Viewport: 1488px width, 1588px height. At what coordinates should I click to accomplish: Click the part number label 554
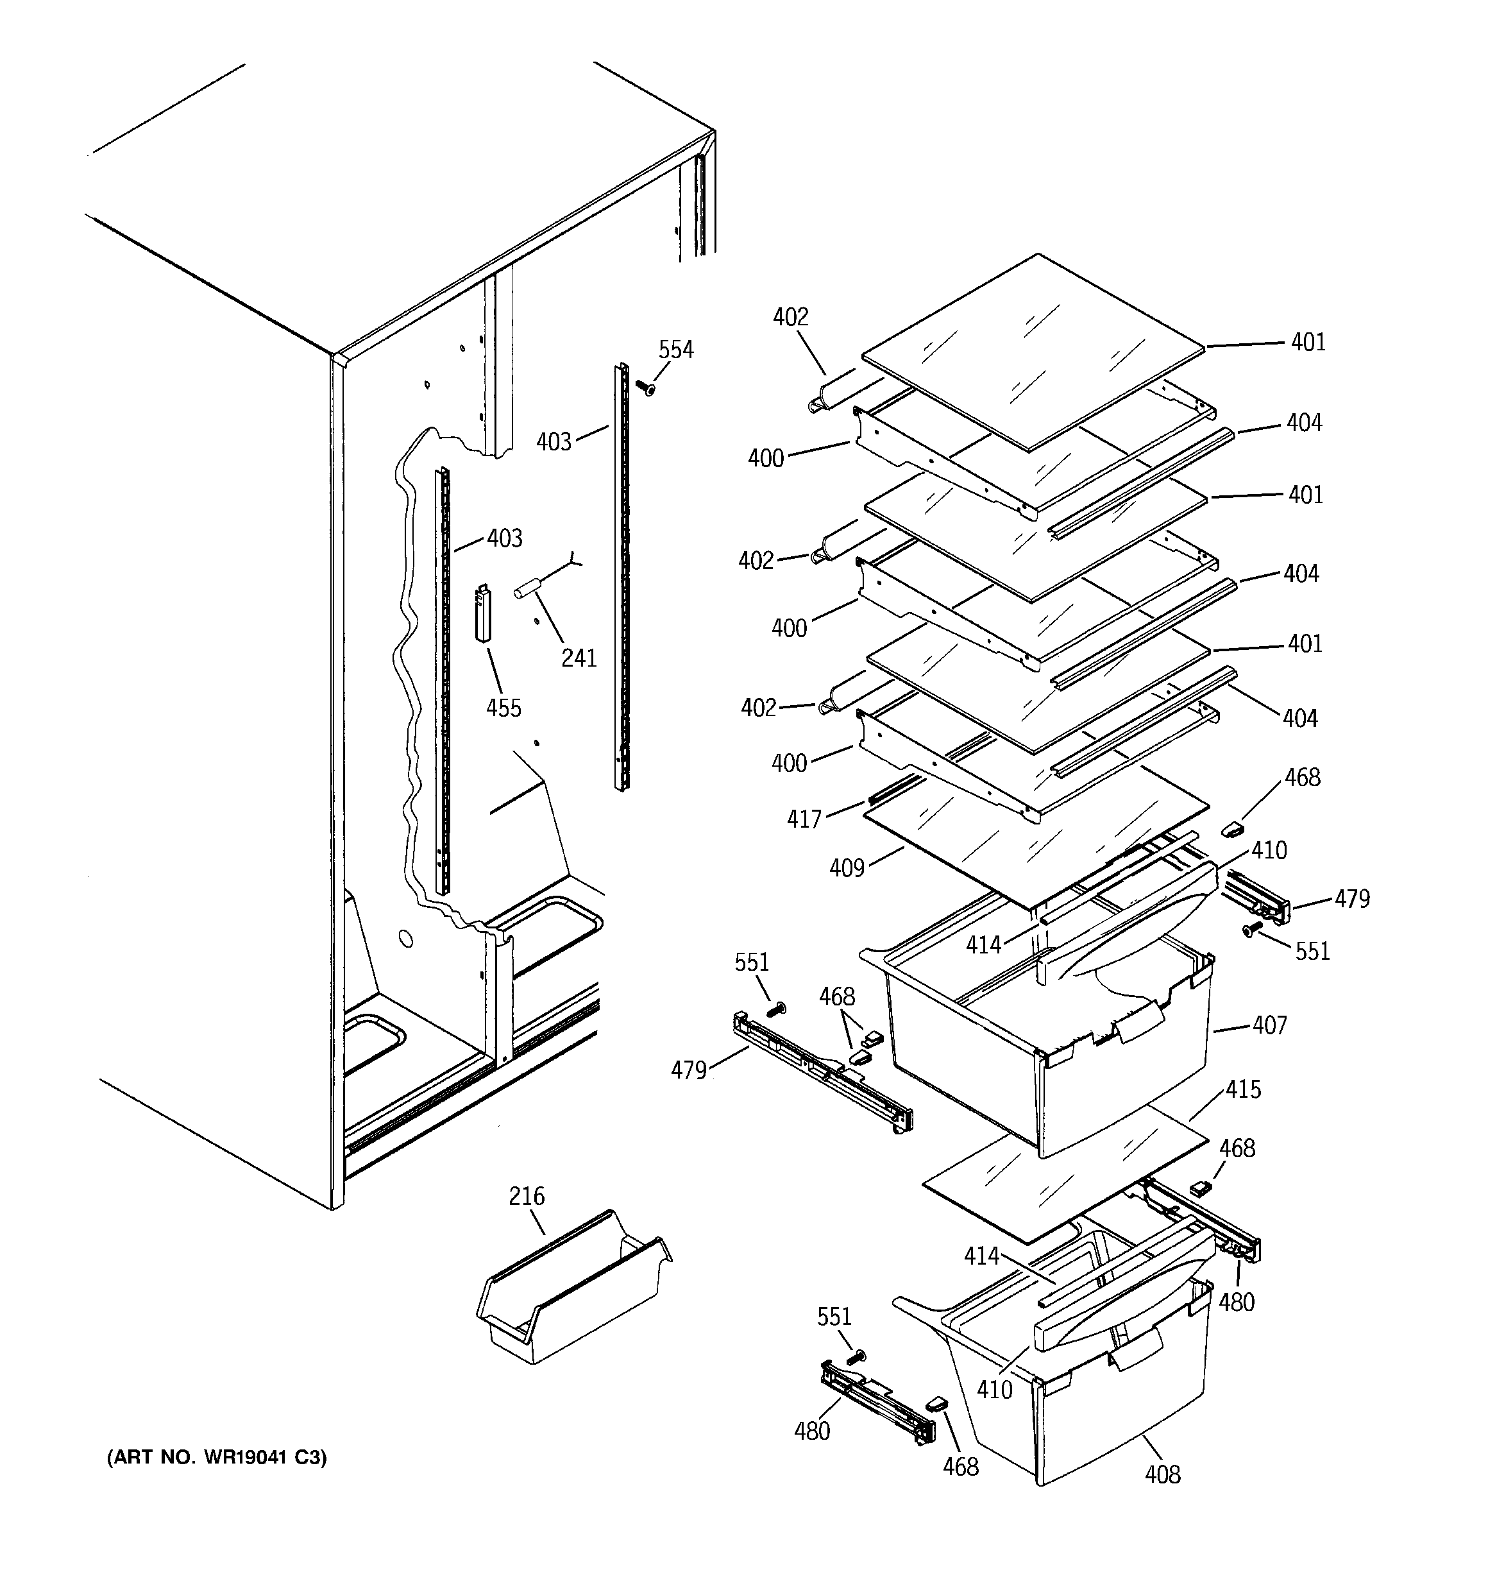click(x=676, y=350)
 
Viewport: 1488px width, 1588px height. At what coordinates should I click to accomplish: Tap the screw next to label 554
click(x=645, y=388)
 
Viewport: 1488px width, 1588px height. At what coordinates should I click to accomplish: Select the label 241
click(x=579, y=658)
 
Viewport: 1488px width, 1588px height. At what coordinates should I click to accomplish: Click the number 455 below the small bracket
click(x=503, y=708)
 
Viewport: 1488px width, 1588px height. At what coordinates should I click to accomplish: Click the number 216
click(x=527, y=1196)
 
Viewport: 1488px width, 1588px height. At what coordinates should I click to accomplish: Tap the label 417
click(x=804, y=819)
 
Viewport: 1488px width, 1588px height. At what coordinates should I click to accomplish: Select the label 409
click(x=847, y=867)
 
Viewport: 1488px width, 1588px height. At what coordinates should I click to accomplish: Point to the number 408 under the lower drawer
click(x=1162, y=1474)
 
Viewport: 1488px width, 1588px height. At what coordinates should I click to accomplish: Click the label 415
click(x=1243, y=1089)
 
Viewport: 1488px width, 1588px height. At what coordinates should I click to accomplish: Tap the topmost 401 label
click(x=1308, y=342)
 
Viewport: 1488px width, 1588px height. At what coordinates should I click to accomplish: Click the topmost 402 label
click(x=790, y=317)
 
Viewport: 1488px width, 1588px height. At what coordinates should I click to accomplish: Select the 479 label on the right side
click(x=1351, y=900)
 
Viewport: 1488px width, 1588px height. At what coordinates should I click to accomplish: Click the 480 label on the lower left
click(x=811, y=1431)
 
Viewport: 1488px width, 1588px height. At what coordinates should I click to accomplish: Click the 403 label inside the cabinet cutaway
click(x=504, y=538)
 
